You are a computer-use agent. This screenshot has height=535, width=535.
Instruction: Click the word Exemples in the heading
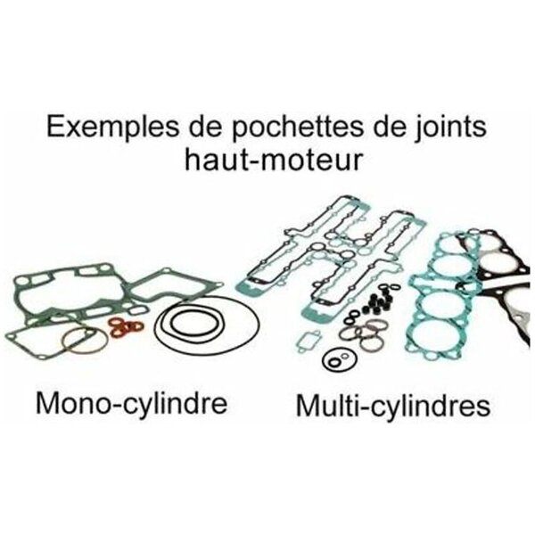[x=111, y=128]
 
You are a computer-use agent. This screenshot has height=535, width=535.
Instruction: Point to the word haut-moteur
[x=273, y=160]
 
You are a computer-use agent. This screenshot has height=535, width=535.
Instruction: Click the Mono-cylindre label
[x=131, y=405]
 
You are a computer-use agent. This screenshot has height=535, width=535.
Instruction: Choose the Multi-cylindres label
[x=393, y=406]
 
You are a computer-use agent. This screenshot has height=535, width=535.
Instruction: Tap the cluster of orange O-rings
[x=127, y=326]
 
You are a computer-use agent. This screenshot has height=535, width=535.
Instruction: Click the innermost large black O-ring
[x=193, y=323]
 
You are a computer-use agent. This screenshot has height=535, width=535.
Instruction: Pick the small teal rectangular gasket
[x=308, y=341]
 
